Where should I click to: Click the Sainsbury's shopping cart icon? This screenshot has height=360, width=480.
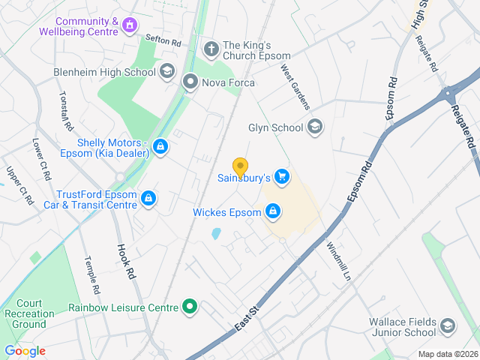pos(282,176)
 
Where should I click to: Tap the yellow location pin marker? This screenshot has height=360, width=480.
pos(240,167)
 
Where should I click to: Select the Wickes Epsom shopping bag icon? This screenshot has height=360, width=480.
pos(274,211)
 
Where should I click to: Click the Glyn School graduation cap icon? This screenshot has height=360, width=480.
pos(315,126)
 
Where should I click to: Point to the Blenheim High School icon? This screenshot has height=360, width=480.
pos(167,72)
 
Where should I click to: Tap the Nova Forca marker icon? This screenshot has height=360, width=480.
pos(190,82)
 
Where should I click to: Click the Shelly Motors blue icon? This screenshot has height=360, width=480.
pos(160,148)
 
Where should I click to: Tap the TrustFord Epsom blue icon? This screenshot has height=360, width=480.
pos(148,198)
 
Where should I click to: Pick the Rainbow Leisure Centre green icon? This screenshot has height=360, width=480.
pos(190,307)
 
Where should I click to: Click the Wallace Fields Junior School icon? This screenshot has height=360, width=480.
pos(448,325)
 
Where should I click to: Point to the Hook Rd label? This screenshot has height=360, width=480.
pos(125,262)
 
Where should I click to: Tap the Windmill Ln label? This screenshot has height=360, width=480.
pos(337,261)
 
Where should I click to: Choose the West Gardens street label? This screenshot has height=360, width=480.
pos(295,86)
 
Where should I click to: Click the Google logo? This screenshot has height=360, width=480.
pos(25,351)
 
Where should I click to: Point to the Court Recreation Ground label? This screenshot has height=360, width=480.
pos(29,313)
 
